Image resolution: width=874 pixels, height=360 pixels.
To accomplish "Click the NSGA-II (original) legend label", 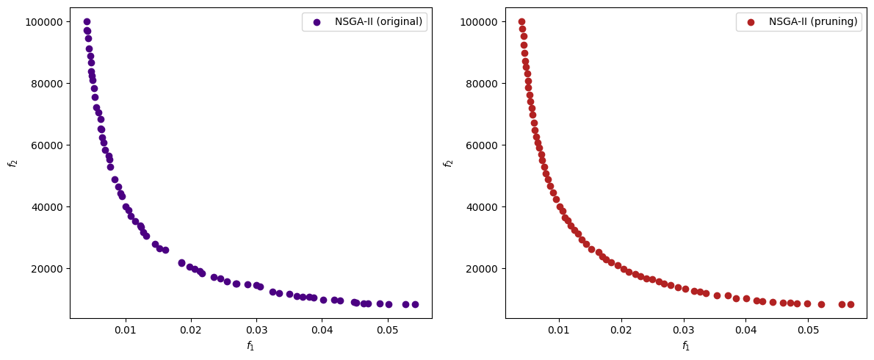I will pyautogui.click(x=378, y=22).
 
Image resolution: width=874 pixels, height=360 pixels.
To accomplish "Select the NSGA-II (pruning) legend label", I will pyautogui.click(x=813, y=22).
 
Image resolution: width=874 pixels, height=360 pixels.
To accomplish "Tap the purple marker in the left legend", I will pyautogui.click(x=317, y=22).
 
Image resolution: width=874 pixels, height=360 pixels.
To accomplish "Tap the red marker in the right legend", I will pyautogui.click(x=751, y=22).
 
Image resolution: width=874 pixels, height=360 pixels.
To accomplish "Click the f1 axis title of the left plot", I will pyautogui.click(x=251, y=345).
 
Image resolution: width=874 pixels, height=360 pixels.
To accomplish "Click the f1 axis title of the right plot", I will pyautogui.click(x=686, y=345).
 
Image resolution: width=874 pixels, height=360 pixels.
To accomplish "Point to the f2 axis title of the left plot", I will pyautogui.click(x=12, y=163).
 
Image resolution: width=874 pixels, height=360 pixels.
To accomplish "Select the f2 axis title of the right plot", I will pyautogui.click(x=447, y=163).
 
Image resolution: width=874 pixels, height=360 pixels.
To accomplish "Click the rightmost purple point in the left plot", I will pyautogui.click(x=415, y=304).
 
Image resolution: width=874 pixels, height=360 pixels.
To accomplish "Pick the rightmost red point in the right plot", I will pyautogui.click(x=850, y=304).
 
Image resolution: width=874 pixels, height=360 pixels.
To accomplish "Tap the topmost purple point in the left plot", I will pyautogui.click(x=87, y=22).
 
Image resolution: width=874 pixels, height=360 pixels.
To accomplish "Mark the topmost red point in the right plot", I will pyautogui.click(x=521, y=22).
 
